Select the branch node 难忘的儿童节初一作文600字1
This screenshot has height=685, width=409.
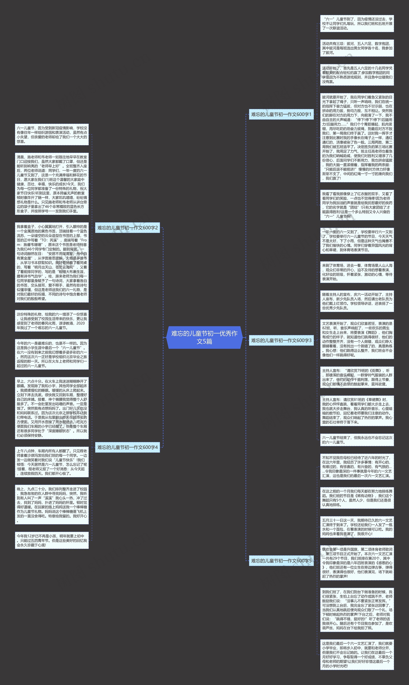point(281,114)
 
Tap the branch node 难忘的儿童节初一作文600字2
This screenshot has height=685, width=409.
point(127,228)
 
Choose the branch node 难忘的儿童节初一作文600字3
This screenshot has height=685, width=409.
point(281,340)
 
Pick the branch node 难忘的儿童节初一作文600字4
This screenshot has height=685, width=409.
point(127,447)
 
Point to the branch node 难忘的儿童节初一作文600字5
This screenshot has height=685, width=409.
point(281,560)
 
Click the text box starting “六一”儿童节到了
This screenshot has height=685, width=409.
point(357,23)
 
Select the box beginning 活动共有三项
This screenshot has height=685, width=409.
point(357,48)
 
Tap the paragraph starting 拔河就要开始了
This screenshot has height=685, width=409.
point(357,138)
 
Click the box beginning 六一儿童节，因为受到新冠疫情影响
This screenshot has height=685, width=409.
point(52,135)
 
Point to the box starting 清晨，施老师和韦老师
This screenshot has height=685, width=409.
point(52,184)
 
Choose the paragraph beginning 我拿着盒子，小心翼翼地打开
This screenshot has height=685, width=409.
point(52,262)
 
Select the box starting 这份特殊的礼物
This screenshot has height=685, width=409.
point(52,321)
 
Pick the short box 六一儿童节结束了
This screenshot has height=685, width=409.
point(357,440)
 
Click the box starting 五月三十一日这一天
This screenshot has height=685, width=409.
point(357,527)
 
